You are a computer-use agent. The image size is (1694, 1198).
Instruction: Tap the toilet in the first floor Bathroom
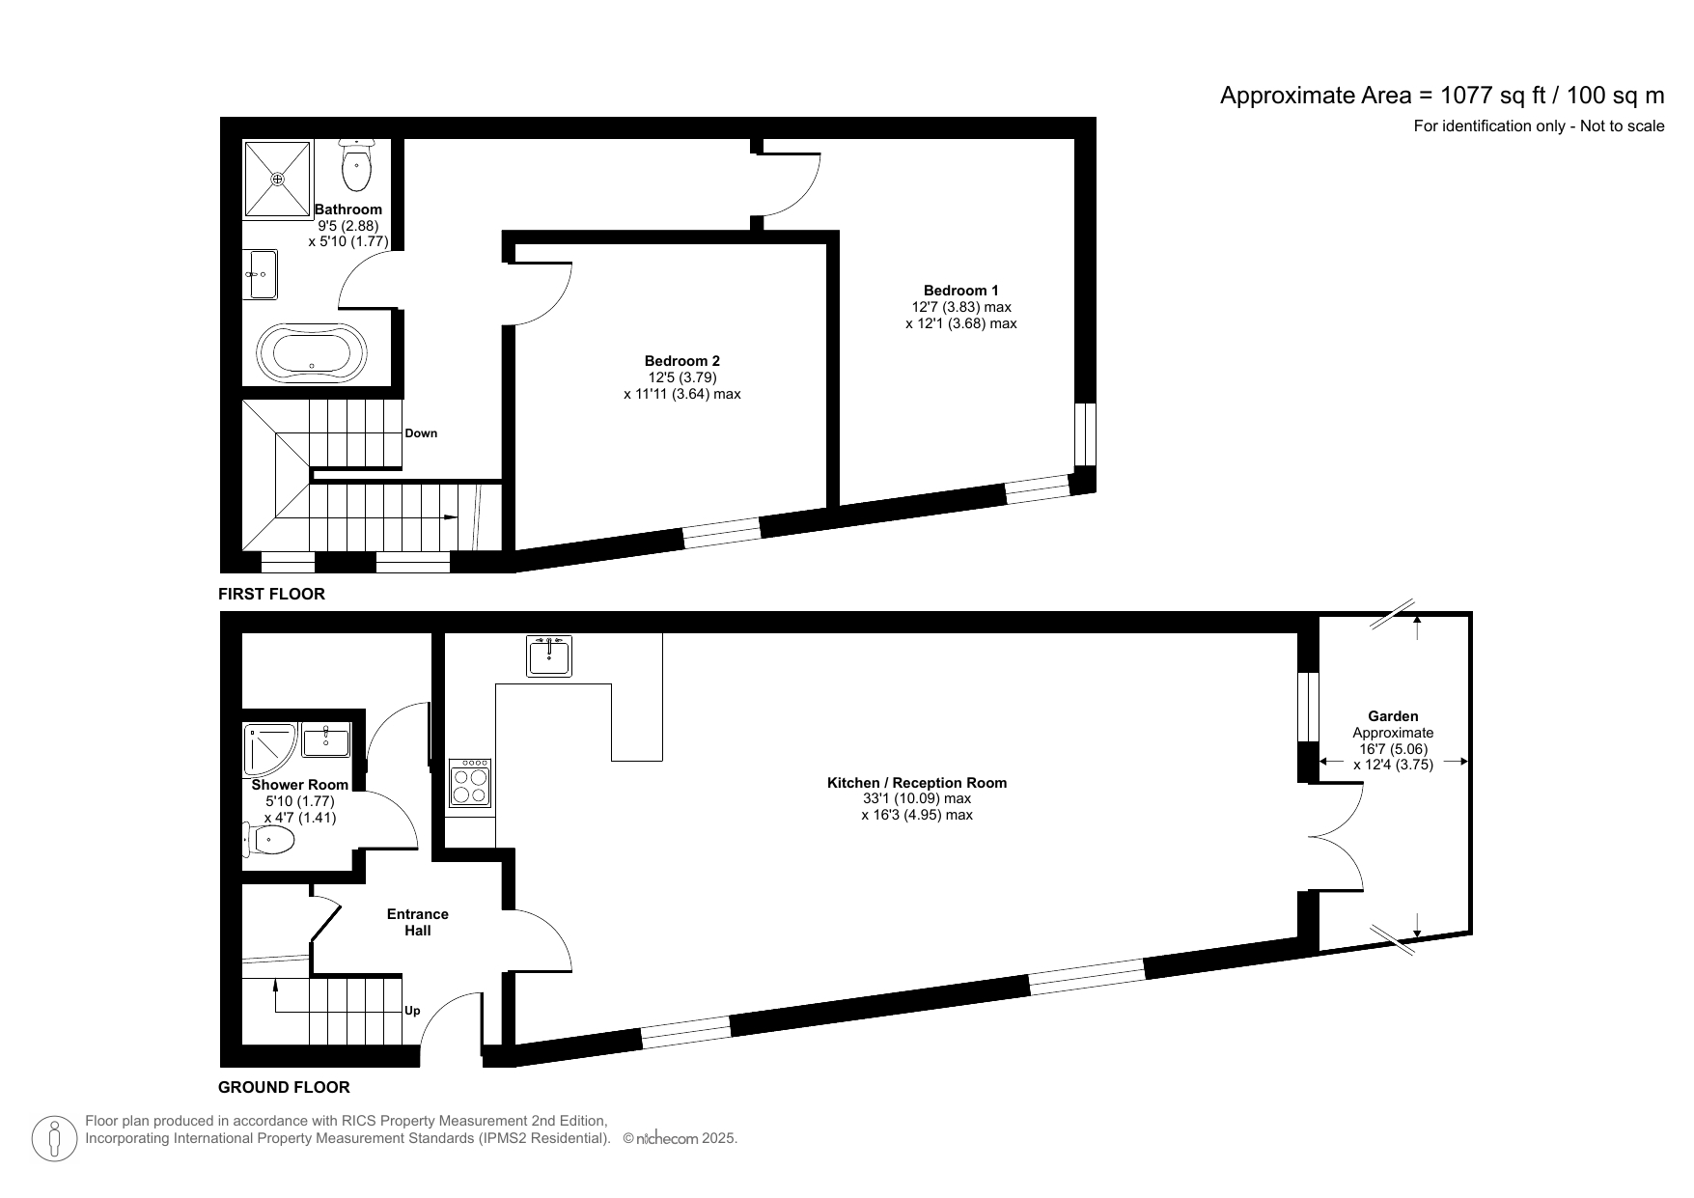(x=357, y=167)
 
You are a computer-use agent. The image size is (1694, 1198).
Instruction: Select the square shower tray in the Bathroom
(x=278, y=179)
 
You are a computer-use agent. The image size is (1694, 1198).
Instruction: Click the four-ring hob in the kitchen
(x=470, y=783)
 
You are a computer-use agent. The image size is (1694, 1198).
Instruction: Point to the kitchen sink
(x=549, y=655)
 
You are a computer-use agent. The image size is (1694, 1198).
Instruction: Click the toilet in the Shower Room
(x=271, y=840)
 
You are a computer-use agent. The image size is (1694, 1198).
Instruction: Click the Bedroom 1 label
(x=960, y=291)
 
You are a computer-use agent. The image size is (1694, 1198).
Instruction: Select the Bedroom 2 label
(x=682, y=361)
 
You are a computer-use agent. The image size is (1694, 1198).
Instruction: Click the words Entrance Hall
(x=417, y=922)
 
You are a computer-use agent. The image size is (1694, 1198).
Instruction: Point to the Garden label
(x=1393, y=716)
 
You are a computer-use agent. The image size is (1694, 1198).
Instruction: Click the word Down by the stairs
(x=421, y=433)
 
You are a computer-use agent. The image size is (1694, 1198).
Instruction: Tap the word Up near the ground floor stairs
(x=412, y=1011)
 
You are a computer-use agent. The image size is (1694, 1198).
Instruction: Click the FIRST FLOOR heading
(x=271, y=594)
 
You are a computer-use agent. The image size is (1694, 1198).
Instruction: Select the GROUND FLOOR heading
(x=284, y=1087)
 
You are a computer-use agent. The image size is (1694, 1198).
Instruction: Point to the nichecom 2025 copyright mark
(x=680, y=1139)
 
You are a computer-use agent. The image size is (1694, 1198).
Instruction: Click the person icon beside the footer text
(x=55, y=1138)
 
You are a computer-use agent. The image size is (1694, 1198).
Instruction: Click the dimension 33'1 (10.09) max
(x=917, y=798)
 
